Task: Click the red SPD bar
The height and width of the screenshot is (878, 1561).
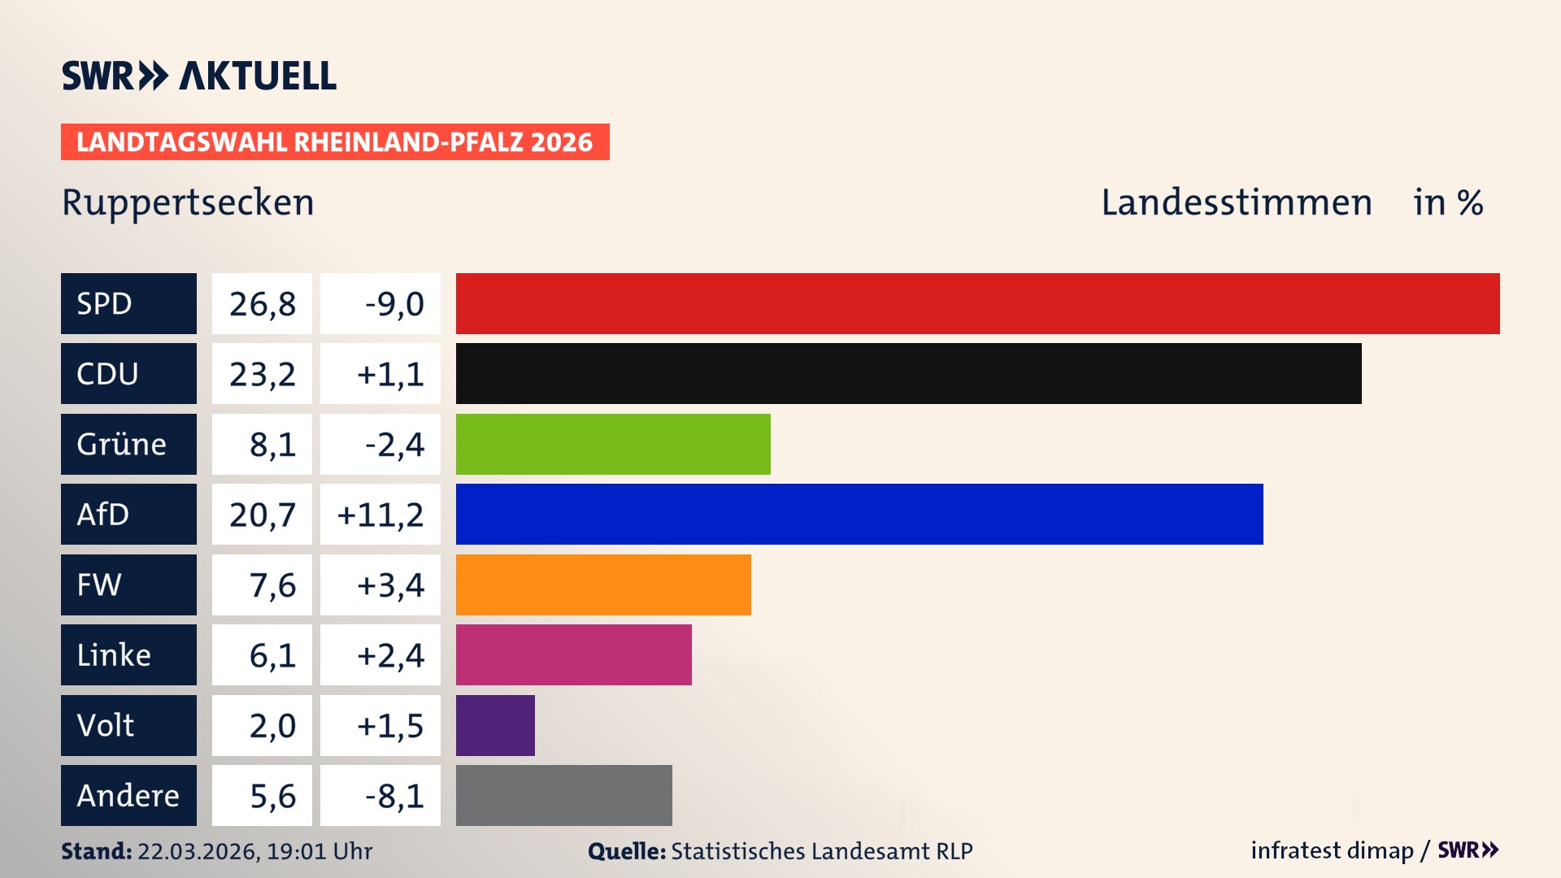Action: point(977,303)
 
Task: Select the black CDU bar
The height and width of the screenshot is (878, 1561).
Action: point(908,373)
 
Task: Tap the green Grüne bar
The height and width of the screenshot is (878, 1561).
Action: point(613,444)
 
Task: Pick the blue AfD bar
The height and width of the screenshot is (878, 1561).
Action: point(859,514)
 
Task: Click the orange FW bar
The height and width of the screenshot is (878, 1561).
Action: point(603,585)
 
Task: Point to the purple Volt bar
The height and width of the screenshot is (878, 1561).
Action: point(495,725)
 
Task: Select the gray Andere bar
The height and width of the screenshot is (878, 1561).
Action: point(563,795)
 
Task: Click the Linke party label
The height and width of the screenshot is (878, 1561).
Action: point(128,654)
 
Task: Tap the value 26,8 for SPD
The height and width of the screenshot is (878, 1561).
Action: point(262,303)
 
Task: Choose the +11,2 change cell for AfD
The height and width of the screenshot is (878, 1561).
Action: point(380,514)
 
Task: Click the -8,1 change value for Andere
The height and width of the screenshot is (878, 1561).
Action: point(380,795)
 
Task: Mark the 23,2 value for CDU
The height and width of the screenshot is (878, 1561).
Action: point(262,373)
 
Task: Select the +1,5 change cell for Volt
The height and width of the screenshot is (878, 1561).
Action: point(380,725)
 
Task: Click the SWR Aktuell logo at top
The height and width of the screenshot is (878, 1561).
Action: point(198,76)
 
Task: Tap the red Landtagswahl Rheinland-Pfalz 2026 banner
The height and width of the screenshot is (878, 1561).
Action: point(335,141)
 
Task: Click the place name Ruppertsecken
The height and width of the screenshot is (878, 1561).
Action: point(188,202)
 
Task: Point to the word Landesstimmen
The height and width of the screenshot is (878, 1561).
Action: point(1236,202)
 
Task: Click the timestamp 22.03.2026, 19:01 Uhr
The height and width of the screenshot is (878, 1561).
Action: point(254,851)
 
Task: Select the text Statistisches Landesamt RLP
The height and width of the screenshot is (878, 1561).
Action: point(821,851)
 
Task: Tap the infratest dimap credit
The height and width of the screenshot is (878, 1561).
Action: point(1332,850)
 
